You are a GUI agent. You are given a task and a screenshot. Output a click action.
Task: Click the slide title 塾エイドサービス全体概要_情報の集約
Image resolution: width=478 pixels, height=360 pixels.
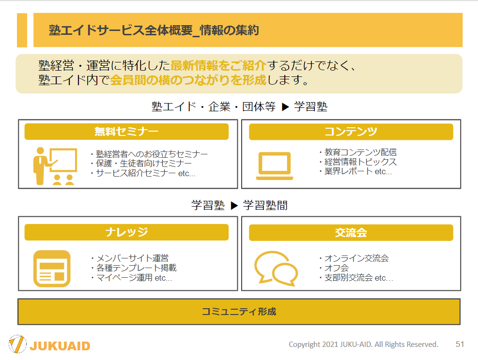[x=154, y=30]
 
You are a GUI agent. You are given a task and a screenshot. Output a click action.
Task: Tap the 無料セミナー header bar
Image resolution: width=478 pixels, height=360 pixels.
[x=126, y=132]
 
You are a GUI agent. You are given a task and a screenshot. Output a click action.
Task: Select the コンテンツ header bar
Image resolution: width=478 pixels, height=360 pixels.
[x=351, y=132]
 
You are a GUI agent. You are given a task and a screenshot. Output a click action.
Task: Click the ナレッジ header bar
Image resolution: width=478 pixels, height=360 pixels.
[x=126, y=232]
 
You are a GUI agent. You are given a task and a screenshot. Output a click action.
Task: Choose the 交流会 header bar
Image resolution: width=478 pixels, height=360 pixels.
[x=351, y=233]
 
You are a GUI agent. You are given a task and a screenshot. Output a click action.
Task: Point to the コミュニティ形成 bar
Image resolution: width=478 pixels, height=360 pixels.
[x=239, y=312]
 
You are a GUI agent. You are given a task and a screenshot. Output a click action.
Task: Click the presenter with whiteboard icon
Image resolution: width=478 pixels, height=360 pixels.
[x=55, y=166]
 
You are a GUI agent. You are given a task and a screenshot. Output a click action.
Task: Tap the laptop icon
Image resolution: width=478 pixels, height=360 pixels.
[x=275, y=166]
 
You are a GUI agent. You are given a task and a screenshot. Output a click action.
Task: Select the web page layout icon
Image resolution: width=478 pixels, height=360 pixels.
[x=52, y=269]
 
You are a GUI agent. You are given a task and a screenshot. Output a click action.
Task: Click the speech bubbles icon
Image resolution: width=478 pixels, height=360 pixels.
[x=276, y=268]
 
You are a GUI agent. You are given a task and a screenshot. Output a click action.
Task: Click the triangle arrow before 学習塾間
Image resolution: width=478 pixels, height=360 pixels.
[x=234, y=206]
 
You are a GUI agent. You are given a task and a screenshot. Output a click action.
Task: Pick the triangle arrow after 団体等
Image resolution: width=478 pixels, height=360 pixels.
[x=285, y=107]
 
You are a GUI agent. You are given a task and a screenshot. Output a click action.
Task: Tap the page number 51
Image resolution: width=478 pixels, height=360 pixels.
[x=460, y=344]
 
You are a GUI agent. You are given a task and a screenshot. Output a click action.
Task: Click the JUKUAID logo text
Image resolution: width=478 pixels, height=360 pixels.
[x=60, y=346]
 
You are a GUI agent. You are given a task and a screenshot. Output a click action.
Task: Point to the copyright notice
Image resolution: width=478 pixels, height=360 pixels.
[x=363, y=345]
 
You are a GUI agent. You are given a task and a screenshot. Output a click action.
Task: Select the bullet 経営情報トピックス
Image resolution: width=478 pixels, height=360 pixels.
[x=358, y=162]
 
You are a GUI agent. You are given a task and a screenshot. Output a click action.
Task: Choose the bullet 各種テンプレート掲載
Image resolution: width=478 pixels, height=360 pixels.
[x=134, y=268]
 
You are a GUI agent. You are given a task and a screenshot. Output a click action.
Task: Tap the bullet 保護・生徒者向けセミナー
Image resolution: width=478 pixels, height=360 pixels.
[x=141, y=164]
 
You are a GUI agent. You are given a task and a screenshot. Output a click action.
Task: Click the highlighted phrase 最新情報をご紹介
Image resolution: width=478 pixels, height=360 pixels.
[x=218, y=65]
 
